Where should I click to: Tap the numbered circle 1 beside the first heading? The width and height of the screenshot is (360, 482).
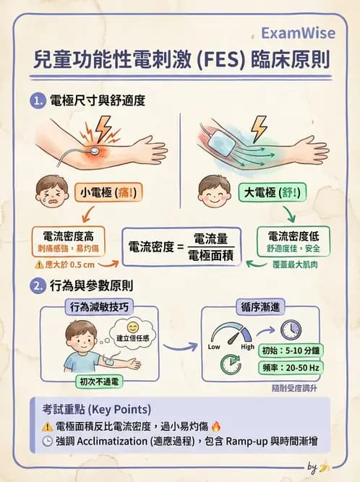(36, 100)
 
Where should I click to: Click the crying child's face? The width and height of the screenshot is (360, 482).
(51, 192)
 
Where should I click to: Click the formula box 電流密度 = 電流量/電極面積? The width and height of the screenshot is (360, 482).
(181, 248)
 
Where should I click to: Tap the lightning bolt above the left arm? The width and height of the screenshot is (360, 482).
(102, 129)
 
